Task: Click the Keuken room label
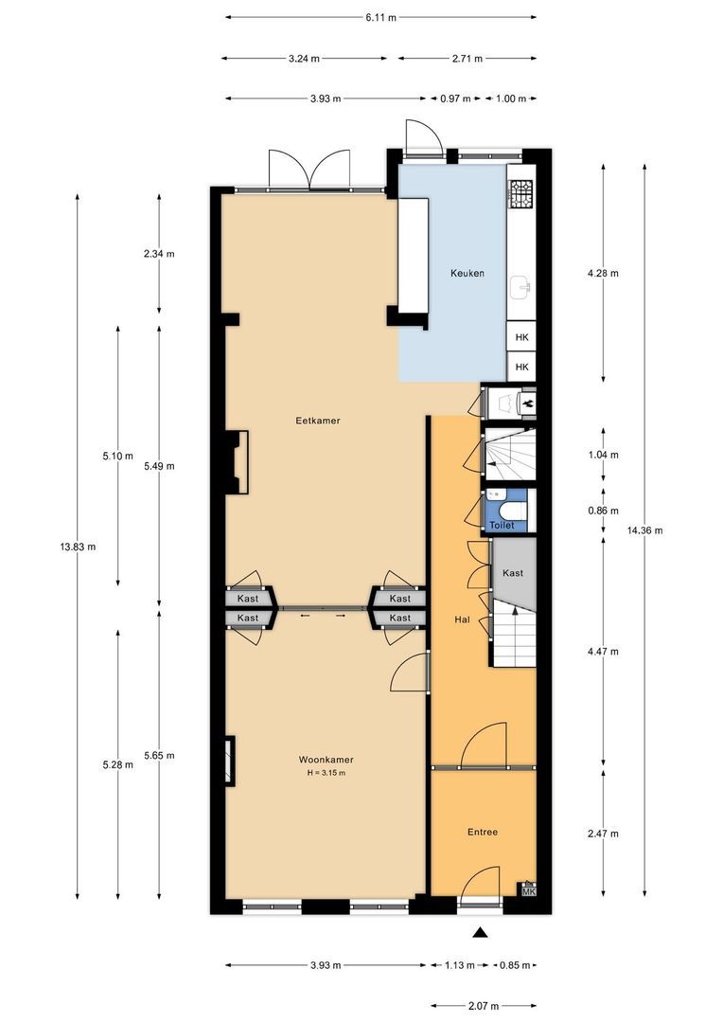[x=466, y=273]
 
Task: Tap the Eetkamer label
[x=318, y=420]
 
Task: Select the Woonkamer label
[x=326, y=760]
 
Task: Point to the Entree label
[x=483, y=832]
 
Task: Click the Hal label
[x=463, y=619]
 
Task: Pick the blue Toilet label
[x=502, y=523]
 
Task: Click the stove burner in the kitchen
[x=521, y=195]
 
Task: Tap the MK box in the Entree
[x=528, y=890]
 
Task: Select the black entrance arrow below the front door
[x=481, y=933]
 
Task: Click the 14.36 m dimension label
[x=644, y=530]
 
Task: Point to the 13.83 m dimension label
[x=77, y=547]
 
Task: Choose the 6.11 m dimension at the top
[x=381, y=17]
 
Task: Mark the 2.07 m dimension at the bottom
[x=485, y=1005]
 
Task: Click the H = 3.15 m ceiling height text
[x=326, y=773]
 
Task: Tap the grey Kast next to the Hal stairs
[x=513, y=573]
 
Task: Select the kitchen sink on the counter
[x=520, y=284]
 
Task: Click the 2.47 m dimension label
[x=603, y=834]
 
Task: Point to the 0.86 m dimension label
[x=603, y=511]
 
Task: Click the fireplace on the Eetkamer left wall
[x=236, y=462]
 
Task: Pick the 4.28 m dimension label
[x=603, y=274]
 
